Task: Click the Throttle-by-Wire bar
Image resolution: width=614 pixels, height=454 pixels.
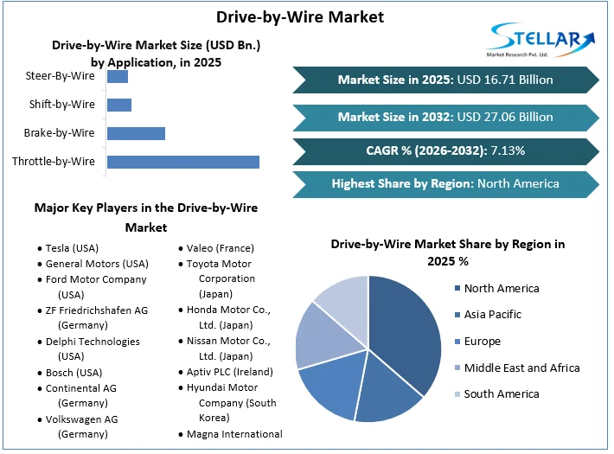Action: coord(182,162)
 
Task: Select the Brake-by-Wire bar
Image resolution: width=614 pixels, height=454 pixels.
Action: coord(136,133)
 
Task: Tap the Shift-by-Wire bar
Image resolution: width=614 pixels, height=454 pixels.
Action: coord(118,105)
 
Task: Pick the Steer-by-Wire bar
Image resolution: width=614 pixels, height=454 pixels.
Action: coord(117,77)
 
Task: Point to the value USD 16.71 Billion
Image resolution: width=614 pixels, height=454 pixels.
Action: coord(505,80)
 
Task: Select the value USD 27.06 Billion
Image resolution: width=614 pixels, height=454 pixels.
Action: coord(505,117)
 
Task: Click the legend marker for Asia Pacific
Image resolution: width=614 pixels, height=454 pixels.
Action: coord(456,315)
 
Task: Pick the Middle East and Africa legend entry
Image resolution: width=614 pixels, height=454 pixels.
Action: coord(521,368)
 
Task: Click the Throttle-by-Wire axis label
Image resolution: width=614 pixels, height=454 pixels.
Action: coord(54,162)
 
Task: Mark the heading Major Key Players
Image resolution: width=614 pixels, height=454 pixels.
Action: coord(145,208)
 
